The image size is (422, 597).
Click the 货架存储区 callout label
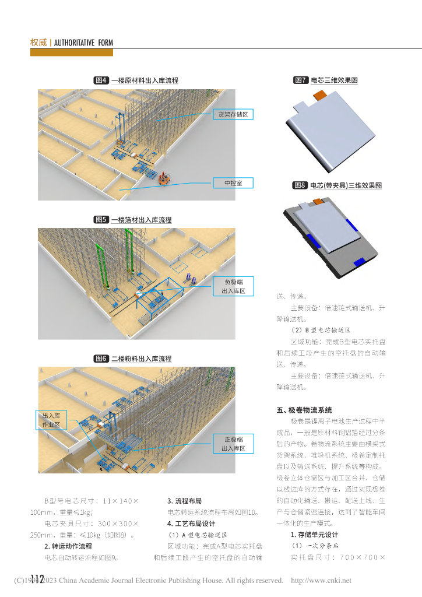[233, 114]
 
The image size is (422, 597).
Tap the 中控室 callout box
[233, 183]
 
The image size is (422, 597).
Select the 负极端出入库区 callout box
[233, 286]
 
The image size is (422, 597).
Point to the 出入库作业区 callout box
[52, 420]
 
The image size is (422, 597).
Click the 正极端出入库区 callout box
[233, 444]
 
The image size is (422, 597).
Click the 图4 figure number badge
[101, 80]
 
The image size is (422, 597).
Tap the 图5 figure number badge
[101, 220]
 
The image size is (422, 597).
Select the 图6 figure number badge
[101, 359]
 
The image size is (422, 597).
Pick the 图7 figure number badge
[301, 80]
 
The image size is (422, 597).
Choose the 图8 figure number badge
[300, 185]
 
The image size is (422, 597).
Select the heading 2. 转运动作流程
[68, 546]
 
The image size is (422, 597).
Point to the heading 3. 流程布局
[184, 501]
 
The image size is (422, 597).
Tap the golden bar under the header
[72, 52]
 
